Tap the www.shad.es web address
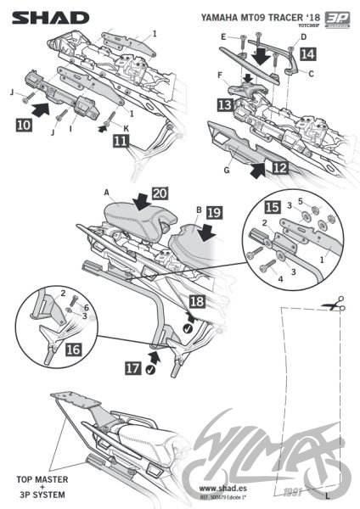(224, 489)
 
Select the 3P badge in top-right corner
(338, 17)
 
